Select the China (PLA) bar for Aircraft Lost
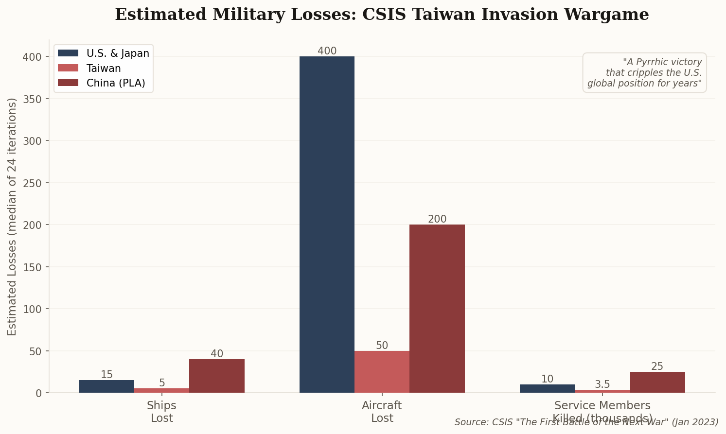pyautogui.click(x=437, y=309)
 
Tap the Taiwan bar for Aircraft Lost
pyautogui.click(x=382, y=372)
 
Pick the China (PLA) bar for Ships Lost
pyautogui.click(x=217, y=376)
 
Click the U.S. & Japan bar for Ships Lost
pyautogui.click(x=106, y=386)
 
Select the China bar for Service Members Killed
pyautogui.click(x=657, y=382)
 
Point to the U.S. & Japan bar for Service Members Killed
pyautogui.click(x=547, y=389)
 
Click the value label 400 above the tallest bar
pyautogui.click(x=327, y=51)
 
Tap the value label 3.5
pyautogui.click(x=602, y=384)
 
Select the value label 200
pyautogui.click(x=437, y=219)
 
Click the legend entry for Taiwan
pyautogui.click(x=104, y=69)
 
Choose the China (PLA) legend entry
pyautogui.click(x=116, y=83)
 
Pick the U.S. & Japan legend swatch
pyautogui.click(x=68, y=53)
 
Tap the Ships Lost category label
pyautogui.click(x=161, y=412)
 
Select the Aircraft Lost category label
pyautogui.click(x=382, y=412)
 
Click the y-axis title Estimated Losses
pyautogui.click(x=12, y=216)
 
